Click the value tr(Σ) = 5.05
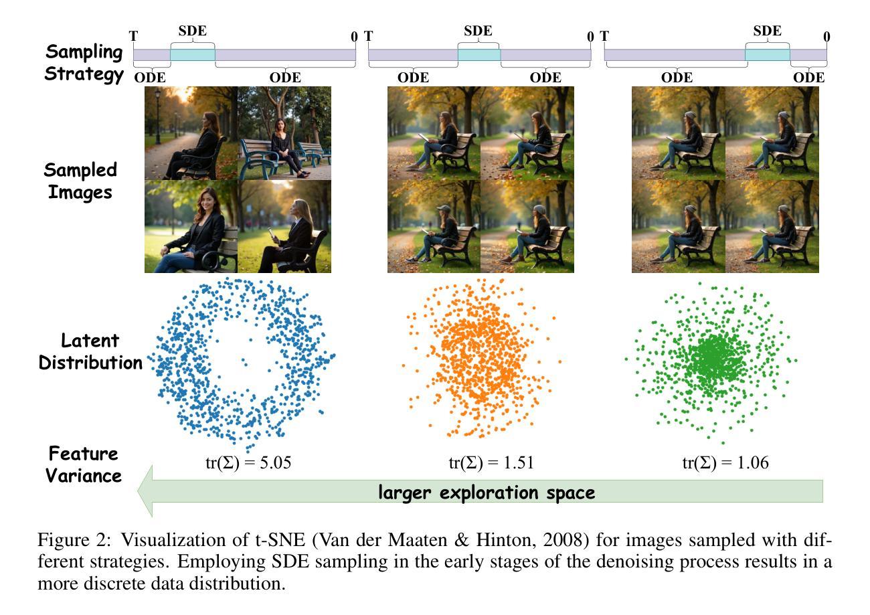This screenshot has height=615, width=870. coord(248,463)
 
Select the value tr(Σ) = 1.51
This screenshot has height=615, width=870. coord(491,463)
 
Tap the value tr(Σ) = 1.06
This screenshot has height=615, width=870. coord(725,463)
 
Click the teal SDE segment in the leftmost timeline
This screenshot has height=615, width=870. coord(193,55)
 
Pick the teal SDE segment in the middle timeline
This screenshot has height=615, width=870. coord(479,55)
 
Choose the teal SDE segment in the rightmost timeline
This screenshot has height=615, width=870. coord(768,55)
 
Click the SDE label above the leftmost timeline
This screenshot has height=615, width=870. coord(193,31)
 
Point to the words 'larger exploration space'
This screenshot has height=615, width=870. coord(487,493)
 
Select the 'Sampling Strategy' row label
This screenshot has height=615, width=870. coord(84,63)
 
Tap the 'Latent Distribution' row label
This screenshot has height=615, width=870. coord(90,351)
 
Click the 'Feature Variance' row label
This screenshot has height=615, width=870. coord(83,464)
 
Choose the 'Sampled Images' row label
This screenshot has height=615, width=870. coord(80,181)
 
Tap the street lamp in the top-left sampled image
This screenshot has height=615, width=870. coord(158,116)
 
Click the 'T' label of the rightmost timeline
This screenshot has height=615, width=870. coord(604,36)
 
